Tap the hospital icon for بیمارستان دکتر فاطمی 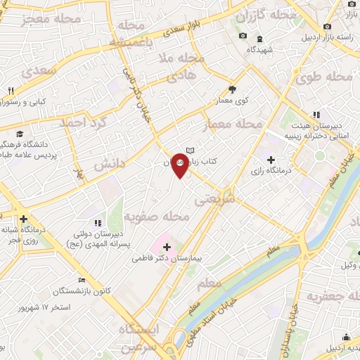(x=167, y=246)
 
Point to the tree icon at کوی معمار (x=233, y=89)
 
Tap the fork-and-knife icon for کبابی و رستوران (x=11, y=91)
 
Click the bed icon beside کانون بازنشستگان (x=82, y=279)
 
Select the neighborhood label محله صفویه (x=157, y=217)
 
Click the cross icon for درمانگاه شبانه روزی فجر (x=24, y=219)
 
